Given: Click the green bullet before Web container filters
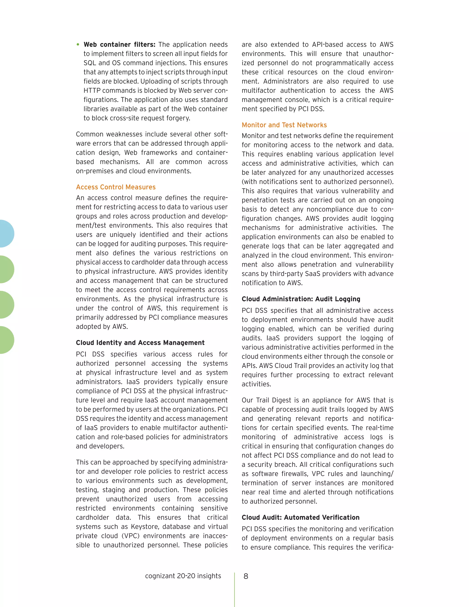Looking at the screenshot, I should pyautogui.click(x=78, y=44).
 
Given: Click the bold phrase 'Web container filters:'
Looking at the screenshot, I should pyautogui.click(x=120, y=44).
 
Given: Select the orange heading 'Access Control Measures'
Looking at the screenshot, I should pyautogui.click(x=116, y=187).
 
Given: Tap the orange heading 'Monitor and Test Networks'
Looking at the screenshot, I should pyautogui.click(x=284, y=125).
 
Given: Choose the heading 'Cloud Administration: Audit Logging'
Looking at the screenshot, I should pyautogui.click(x=301, y=299).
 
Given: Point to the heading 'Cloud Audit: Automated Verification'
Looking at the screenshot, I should pyautogui.click(x=300, y=517).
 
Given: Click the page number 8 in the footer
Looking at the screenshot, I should pyautogui.click(x=246, y=576).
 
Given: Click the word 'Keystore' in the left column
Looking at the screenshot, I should pyautogui.click(x=145, y=527).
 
